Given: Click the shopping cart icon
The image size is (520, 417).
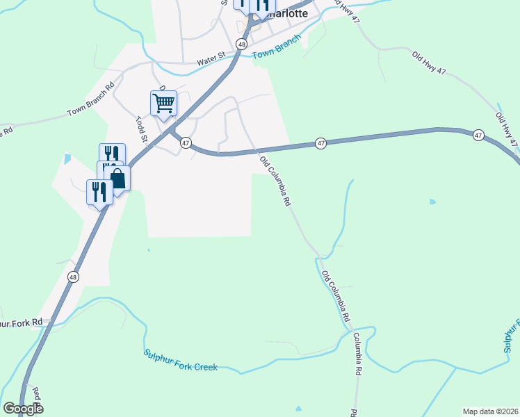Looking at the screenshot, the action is [x=163, y=104].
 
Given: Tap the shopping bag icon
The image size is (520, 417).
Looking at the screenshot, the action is [x=117, y=178].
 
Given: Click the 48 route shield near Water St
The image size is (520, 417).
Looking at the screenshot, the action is [x=241, y=44].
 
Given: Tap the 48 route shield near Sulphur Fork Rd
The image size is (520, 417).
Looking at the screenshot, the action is [x=74, y=277].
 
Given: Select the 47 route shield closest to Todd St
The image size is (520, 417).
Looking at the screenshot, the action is [x=186, y=142].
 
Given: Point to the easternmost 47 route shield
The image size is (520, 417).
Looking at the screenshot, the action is [x=478, y=136].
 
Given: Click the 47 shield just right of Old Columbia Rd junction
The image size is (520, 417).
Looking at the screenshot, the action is [x=320, y=143].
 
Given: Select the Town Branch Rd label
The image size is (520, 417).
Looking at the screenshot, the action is [x=90, y=101].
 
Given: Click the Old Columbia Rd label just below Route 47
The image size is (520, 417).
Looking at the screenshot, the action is [x=275, y=182].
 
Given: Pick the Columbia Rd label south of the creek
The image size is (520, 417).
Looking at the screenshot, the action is [x=357, y=354].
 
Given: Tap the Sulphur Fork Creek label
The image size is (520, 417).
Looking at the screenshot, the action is [x=181, y=361].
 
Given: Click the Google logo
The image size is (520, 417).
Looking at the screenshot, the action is [x=23, y=408].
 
